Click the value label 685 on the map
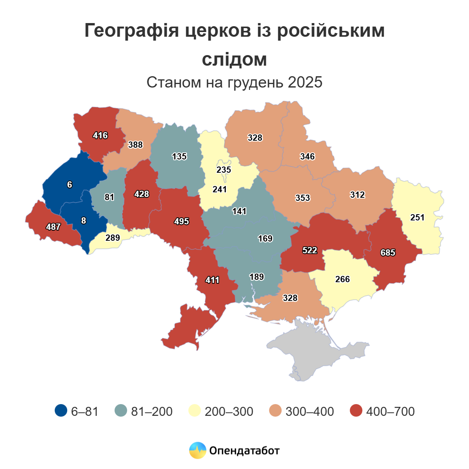388,253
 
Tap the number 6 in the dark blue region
70,184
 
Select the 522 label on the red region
310,250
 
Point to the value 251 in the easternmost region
417,217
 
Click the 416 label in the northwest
100,136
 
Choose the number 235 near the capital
224,170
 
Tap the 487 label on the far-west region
53,227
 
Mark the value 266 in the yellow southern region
342,279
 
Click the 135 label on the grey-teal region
179,156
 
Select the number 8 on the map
84,221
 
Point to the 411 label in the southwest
212,280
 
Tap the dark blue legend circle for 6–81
61,411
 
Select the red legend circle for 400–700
356,411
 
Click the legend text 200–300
229,411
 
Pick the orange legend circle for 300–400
276,411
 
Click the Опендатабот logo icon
197,451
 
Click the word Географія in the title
131,31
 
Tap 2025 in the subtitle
305,82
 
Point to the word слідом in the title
234,59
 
